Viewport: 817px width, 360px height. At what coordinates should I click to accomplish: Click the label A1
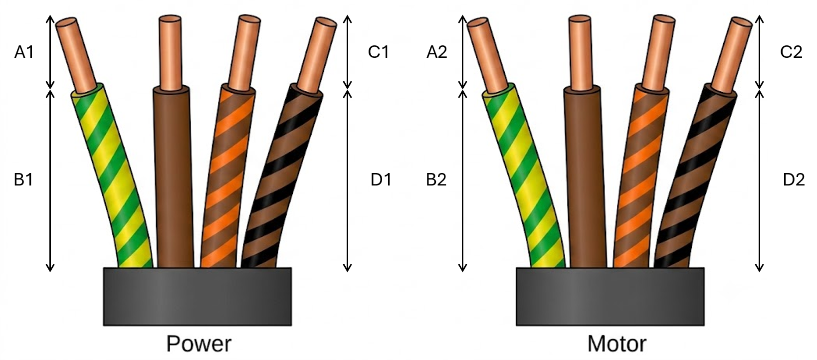[24, 52]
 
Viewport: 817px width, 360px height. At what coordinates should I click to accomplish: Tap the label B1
[24, 180]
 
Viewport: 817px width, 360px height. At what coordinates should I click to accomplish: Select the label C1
[378, 52]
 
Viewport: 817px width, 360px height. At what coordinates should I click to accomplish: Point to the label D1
[381, 180]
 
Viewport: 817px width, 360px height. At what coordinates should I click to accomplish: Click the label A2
[436, 52]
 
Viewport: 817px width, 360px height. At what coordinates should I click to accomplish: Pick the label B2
[436, 180]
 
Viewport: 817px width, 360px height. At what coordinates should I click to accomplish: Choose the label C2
[791, 52]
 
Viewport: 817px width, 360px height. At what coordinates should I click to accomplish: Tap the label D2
[794, 180]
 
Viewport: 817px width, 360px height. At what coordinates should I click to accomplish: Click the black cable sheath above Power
[198, 296]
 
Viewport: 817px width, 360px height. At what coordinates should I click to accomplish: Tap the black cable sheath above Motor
[610, 296]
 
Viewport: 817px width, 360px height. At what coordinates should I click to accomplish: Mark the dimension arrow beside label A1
[50, 52]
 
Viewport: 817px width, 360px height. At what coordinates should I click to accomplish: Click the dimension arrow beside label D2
[759, 180]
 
